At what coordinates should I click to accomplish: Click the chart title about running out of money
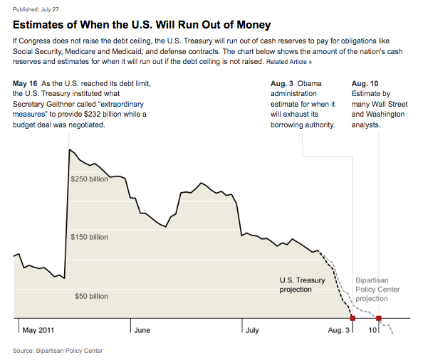pos(154,23)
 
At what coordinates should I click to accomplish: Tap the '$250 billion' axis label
pos(89,179)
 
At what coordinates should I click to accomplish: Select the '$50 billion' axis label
pos(91,296)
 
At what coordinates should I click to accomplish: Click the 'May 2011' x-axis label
pos(38,330)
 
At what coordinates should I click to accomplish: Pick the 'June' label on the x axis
pos(142,330)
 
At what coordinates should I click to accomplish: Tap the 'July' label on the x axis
pos(252,330)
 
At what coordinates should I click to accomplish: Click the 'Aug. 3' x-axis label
pos(338,330)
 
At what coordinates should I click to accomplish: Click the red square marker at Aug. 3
pos(352,318)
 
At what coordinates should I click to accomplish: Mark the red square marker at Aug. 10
pos(379,318)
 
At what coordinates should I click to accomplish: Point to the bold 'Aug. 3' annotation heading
pos(283,84)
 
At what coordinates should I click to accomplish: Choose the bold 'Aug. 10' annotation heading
pos(366,84)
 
